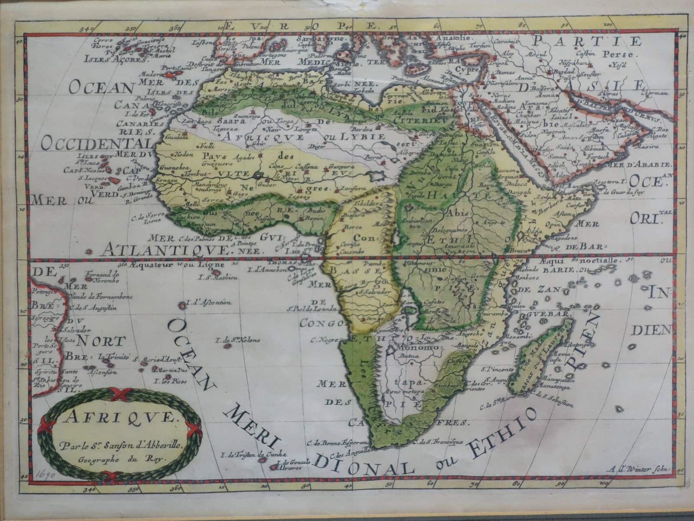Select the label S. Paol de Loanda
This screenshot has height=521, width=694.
(311, 309)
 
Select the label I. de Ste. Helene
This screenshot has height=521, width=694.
(239, 340)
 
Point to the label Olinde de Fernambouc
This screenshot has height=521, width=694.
(100, 297)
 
